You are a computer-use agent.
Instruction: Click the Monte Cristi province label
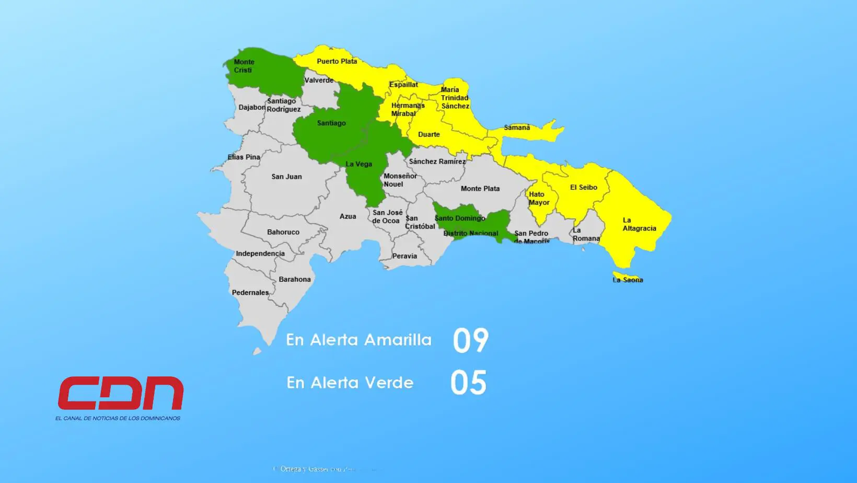pos(244,66)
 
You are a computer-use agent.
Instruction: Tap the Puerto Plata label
pos(337,61)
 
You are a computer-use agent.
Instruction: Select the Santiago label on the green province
pos(331,123)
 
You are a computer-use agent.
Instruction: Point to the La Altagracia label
pos(639,224)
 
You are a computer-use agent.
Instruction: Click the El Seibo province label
pos(583,187)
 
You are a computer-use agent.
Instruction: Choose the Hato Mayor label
pos(538,198)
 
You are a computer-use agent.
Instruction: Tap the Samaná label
pos(516,128)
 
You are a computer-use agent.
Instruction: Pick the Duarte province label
pos(428,134)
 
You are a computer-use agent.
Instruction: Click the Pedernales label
pos(250,293)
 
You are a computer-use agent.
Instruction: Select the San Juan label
pos(286,177)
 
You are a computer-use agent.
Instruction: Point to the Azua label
pos(348,216)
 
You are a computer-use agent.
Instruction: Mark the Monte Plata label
pos(480,189)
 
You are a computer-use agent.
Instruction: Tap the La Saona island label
pos(628,280)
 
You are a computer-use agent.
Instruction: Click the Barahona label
pos(294,279)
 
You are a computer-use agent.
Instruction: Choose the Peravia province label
pos(404,256)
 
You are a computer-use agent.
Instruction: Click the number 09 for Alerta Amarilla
pos(470,340)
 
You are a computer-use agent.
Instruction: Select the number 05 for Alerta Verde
pos(468,383)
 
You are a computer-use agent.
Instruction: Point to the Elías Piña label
pos(244,157)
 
